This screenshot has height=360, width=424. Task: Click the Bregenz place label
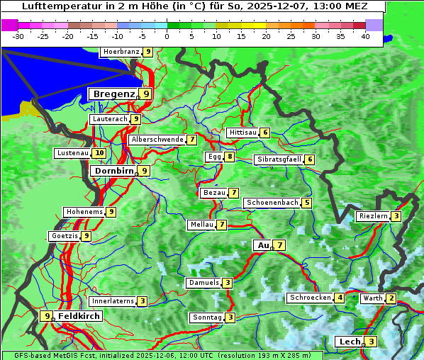(113, 94)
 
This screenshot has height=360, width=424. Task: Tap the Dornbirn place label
(113, 171)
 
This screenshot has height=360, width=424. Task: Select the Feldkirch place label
(79, 316)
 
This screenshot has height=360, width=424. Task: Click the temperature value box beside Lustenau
(99, 153)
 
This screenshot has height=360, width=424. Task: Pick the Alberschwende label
(157, 140)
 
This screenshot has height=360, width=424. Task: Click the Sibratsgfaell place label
(279, 159)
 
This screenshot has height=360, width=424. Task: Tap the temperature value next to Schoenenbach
(306, 203)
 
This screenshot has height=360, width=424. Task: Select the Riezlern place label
(373, 216)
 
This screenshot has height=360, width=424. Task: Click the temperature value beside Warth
(391, 298)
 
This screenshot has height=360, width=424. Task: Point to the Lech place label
(349, 342)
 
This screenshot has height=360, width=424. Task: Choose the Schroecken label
(310, 298)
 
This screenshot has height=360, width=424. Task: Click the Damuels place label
(203, 283)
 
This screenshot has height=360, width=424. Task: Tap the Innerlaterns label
(113, 301)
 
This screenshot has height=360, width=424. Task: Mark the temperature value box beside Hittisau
(264, 133)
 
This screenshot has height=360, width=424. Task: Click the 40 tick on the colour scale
(365, 36)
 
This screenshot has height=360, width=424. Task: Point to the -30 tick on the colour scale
(19, 36)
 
